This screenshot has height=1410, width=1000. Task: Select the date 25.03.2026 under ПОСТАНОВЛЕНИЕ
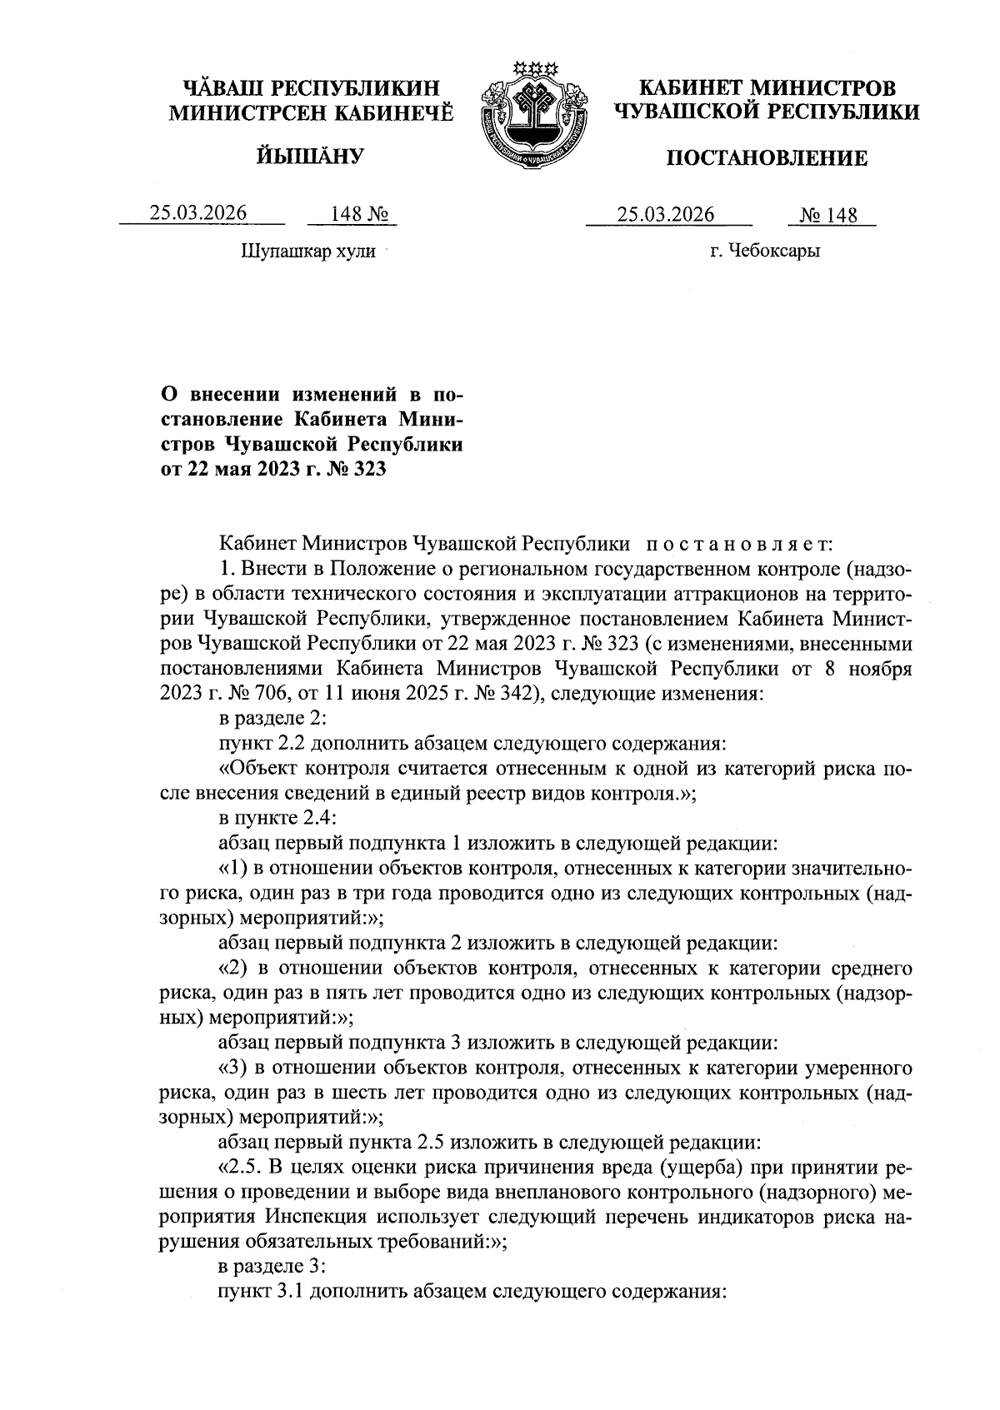click(x=666, y=215)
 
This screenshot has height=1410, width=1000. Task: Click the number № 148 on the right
click(x=828, y=217)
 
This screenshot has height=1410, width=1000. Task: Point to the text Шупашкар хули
click(x=307, y=251)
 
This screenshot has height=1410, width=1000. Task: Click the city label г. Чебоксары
click(x=764, y=251)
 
